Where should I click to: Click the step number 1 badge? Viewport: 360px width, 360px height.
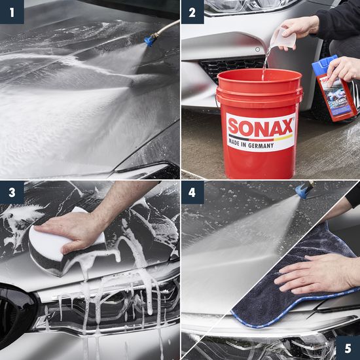[x=12, y=12]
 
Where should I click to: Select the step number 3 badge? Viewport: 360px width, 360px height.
[x=12, y=192]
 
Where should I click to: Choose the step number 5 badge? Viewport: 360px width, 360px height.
[x=348, y=348]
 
